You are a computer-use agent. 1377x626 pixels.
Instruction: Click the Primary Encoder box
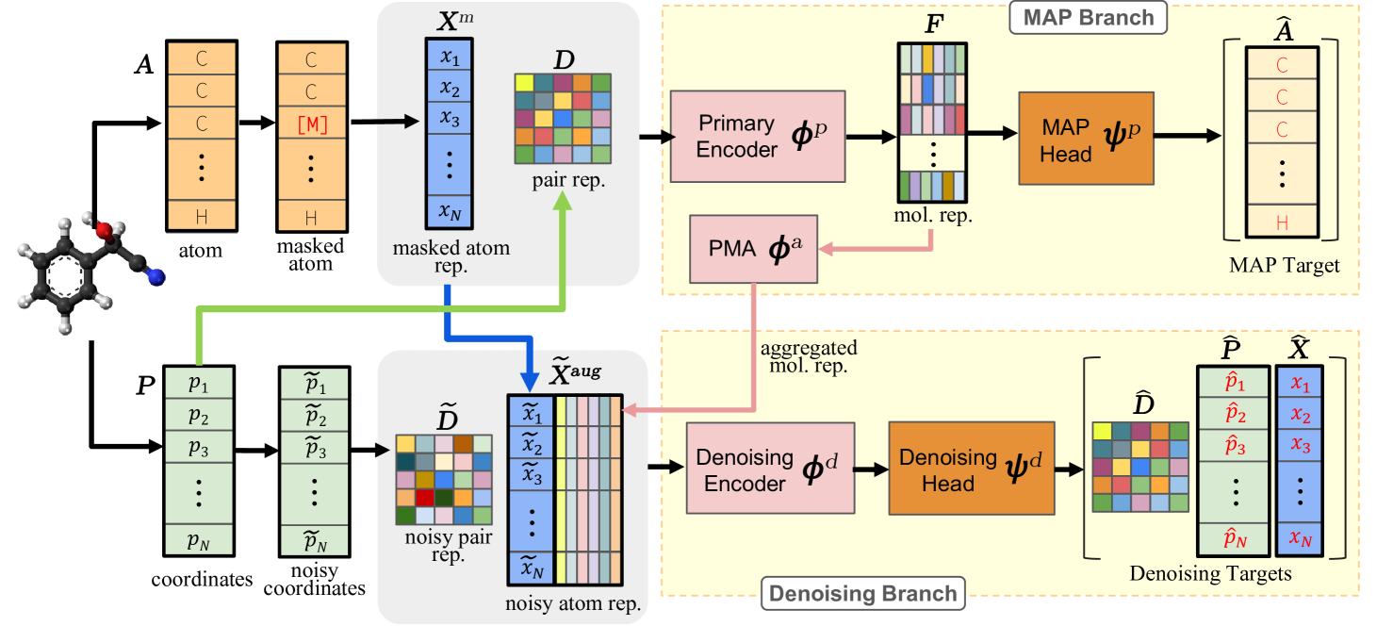tap(757, 136)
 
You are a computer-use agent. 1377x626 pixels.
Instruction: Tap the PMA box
tap(754, 249)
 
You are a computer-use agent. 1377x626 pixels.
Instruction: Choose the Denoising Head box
tap(970, 469)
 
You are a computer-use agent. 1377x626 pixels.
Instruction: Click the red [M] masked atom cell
tap(311, 125)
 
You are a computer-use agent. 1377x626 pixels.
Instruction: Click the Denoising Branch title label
tap(861, 593)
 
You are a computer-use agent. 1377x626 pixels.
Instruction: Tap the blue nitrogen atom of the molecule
tap(157, 275)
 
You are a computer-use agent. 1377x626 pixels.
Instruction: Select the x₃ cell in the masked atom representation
tap(450, 121)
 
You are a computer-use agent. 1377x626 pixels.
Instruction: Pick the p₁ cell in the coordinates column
tap(197, 385)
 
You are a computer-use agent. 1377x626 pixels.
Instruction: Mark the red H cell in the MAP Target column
tap(1281, 222)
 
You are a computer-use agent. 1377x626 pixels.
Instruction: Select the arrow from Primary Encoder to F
tap(870, 137)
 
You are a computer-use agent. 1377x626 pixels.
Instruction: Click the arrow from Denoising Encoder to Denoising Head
tap(871, 469)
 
